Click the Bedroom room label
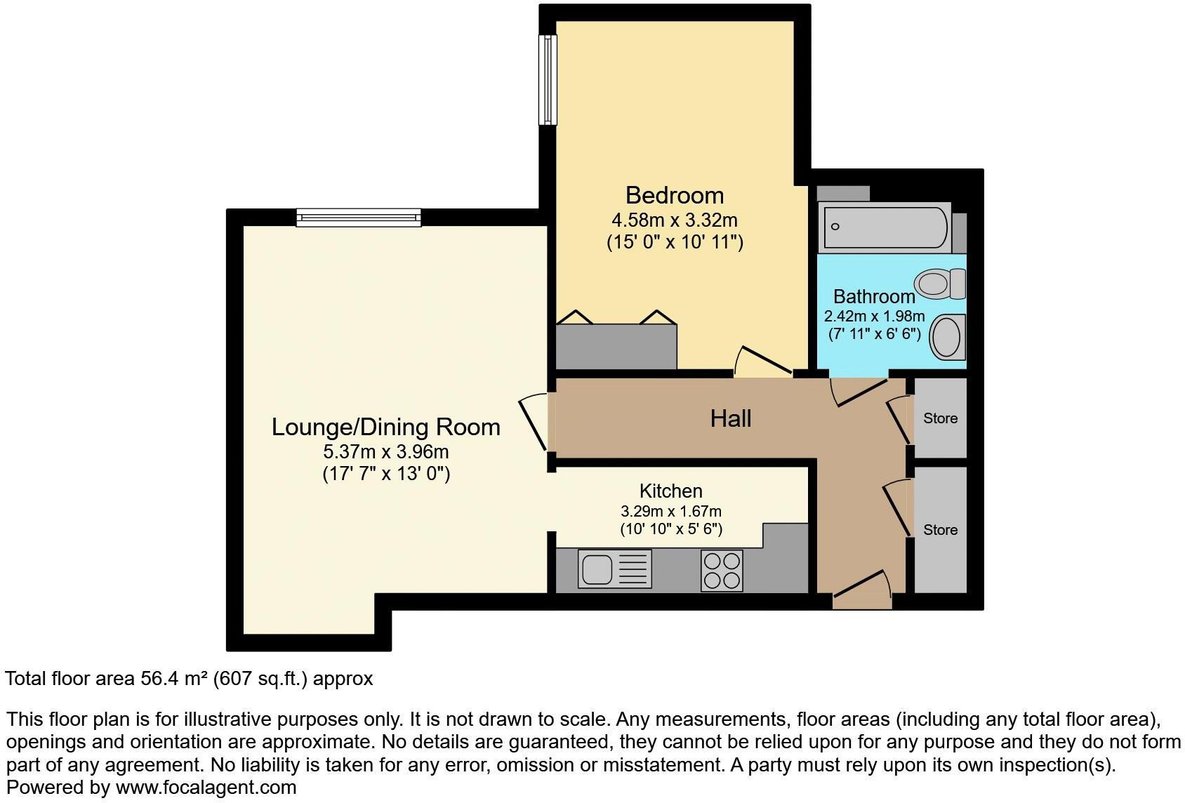coord(674,195)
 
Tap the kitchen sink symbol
coord(614,569)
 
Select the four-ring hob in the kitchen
coord(722,570)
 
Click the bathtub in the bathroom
coord(885,227)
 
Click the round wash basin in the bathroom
coord(947,337)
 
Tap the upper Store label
coord(940,418)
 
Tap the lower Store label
coord(940,530)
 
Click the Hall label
coord(731,418)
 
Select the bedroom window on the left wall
coord(547,80)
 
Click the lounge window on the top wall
coord(358,218)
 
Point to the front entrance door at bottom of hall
coord(862,590)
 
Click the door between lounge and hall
coord(535,423)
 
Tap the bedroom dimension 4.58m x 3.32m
coord(674,220)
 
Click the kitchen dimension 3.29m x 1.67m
coord(670,512)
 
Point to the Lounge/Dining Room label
coord(385,427)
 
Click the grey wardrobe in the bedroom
coord(616,346)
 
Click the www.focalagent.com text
coord(206,788)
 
